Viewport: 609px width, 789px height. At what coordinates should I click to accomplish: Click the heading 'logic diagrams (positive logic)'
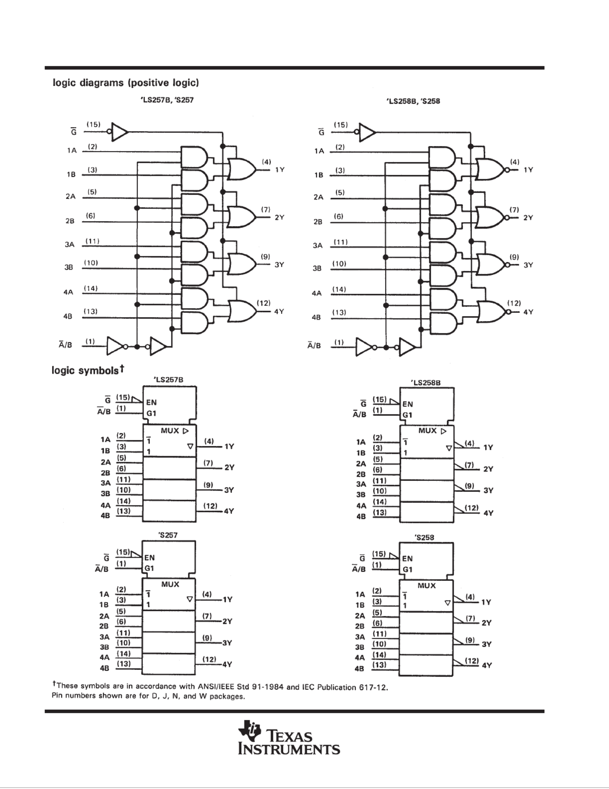pyautogui.click(x=126, y=83)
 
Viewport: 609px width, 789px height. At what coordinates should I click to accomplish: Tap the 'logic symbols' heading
pyautogui.click(x=88, y=370)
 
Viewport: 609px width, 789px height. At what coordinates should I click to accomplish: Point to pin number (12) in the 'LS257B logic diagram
pyautogui.click(x=264, y=303)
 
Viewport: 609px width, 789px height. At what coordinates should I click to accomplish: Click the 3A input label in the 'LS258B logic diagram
pyautogui.click(x=318, y=245)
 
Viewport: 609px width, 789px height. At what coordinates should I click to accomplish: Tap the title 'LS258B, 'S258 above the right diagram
pyautogui.click(x=414, y=101)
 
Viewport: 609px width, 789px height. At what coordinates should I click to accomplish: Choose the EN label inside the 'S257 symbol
pyautogui.click(x=150, y=558)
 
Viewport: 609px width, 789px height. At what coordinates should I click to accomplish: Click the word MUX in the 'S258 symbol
pyautogui.click(x=426, y=585)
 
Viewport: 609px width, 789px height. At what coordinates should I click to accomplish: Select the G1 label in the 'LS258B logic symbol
pyautogui.click(x=408, y=415)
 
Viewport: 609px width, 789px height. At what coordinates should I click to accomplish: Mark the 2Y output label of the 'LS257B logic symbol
pyautogui.click(x=229, y=467)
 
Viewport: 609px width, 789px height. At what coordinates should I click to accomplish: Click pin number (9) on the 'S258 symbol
pyautogui.click(x=470, y=639)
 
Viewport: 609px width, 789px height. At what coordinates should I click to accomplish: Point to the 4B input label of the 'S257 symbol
pyautogui.click(x=105, y=668)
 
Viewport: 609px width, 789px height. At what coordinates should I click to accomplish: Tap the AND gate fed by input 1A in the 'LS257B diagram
pyautogui.click(x=194, y=157)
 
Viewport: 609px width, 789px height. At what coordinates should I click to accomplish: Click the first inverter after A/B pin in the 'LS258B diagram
pyautogui.click(x=364, y=347)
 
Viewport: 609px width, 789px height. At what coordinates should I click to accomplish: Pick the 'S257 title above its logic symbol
pyautogui.click(x=168, y=535)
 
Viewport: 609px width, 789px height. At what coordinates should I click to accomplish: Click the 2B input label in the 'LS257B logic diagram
pyautogui.click(x=70, y=221)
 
